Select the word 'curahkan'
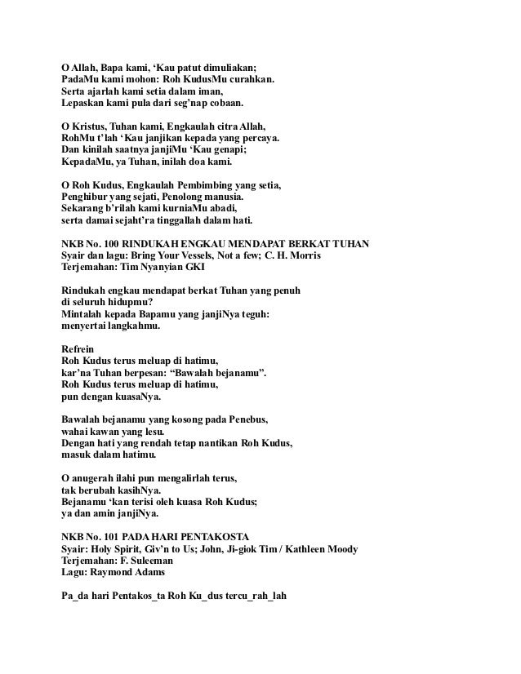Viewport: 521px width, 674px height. [252, 80]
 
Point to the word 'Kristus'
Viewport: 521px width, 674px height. [95, 128]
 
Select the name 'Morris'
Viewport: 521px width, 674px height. [302, 257]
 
